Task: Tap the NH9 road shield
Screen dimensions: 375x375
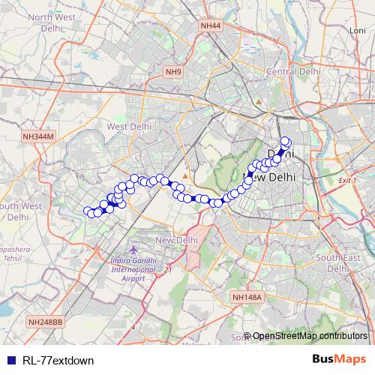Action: (x=173, y=72)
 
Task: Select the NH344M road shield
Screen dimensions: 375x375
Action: (x=39, y=136)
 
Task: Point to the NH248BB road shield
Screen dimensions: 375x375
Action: (x=46, y=322)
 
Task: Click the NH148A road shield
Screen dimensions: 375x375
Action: (x=247, y=297)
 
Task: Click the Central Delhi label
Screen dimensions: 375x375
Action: (x=294, y=71)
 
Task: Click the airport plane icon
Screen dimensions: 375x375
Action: (x=133, y=249)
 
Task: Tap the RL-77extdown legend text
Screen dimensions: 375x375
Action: (x=58, y=360)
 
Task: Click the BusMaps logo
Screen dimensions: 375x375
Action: (x=339, y=359)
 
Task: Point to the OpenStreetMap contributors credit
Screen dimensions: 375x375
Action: (x=310, y=336)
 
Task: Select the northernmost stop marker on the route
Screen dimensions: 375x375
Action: (x=285, y=140)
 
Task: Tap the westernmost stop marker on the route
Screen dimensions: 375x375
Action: (x=88, y=211)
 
